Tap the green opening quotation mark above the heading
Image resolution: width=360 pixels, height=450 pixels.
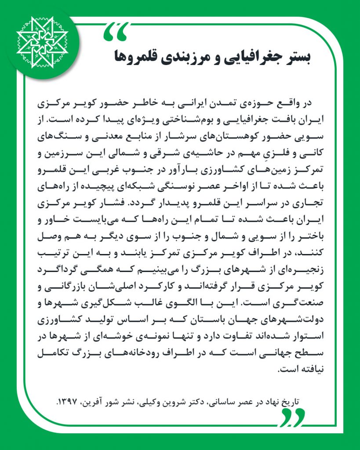click(x=117, y=30)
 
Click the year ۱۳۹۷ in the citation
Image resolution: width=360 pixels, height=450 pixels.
click(x=70, y=401)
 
